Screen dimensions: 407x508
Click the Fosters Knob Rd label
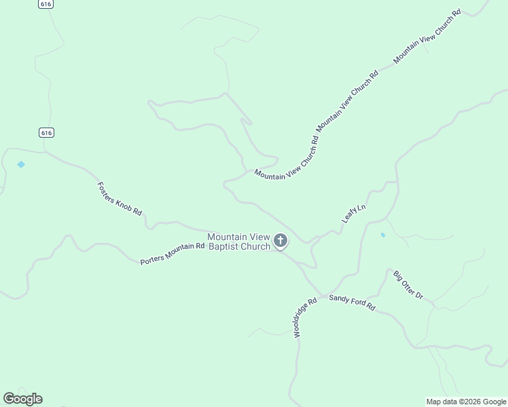tap(120, 198)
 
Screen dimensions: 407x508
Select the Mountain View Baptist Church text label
tap(238, 241)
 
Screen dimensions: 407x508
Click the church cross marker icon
tap(280, 240)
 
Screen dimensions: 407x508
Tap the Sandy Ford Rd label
tap(352, 303)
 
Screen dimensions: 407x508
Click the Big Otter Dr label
tap(407, 285)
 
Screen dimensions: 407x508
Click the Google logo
tap(22, 399)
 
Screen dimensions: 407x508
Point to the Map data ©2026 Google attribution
tap(466, 402)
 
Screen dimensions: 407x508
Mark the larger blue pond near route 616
tap(21, 164)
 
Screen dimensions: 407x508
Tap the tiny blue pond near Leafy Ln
tap(382, 235)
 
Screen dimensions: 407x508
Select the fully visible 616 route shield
tap(46, 132)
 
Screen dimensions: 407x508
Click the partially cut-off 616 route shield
tap(46, 3)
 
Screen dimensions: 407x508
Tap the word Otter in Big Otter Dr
tap(407, 285)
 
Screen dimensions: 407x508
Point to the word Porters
tap(152, 259)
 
